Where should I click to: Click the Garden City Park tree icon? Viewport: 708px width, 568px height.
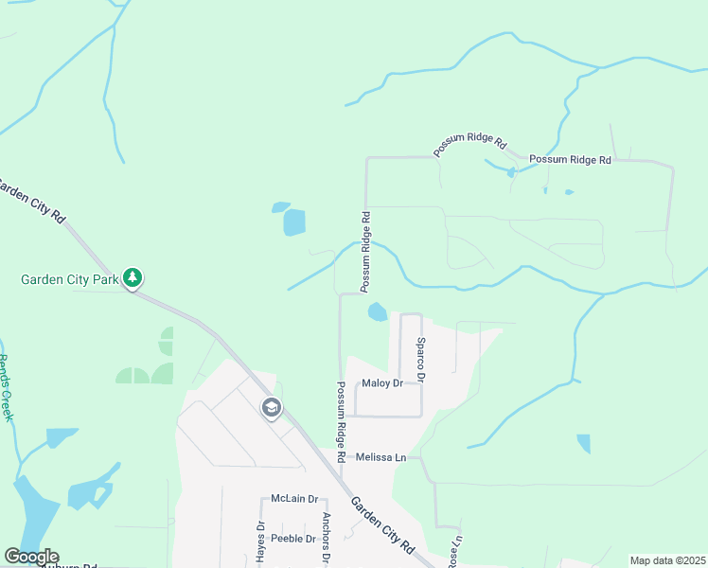click(x=134, y=278)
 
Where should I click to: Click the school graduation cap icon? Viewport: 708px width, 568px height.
click(x=272, y=408)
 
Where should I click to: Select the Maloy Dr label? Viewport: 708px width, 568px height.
click(x=382, y=383)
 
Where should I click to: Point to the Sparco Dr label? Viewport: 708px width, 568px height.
click(x=421, y=359)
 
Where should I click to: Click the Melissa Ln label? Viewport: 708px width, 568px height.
click(x=381, y=457)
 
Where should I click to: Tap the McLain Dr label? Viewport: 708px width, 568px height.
click(x=292, y=498)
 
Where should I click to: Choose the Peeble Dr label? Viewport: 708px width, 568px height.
click(x=292, y=539)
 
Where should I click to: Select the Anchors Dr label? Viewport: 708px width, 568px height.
click(x=325, y=538)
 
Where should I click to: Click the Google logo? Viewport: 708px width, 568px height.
click(x=31, y=557)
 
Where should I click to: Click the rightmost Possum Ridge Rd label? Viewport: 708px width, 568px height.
click(x=570, y=160)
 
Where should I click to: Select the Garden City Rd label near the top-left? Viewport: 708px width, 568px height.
click(x=32, y=201)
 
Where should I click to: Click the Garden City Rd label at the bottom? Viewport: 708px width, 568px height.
click(x=382, y=525)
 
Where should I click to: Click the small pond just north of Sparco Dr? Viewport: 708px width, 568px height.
click(x=377, y=311)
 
